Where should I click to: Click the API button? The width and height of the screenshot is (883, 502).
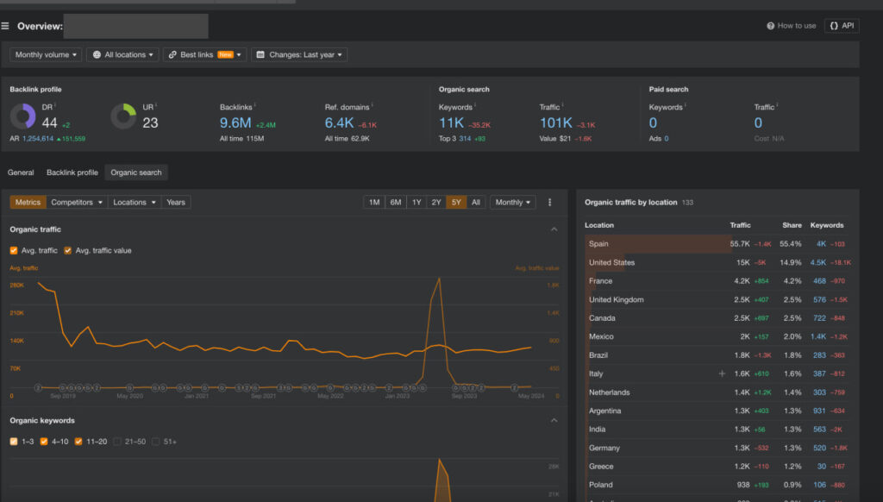pyautogui.click(x=842, y=26)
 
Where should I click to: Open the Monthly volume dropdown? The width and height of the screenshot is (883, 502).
pyautogui.click(x=47, y=54)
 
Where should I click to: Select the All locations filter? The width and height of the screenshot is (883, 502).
pyautogui.click(x=124, y=54)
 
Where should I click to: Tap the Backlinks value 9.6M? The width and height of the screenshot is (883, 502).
pyautogui.click(x=235, y=122)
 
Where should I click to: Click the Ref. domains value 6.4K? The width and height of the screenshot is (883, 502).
pyautogui.click(x=339, y=122)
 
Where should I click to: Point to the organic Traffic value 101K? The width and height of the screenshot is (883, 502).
pyautogui.click(x=556, y=122)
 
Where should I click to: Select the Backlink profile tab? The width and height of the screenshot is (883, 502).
pyautogui.click(x=72, y=173)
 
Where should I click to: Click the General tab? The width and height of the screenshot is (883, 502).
pyautogui.click(x=21, y=173)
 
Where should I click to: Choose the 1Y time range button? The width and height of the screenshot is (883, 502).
pyautogui.click(x=416, y=202)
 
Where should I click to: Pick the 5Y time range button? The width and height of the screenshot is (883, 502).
pyautogui.click(x=456, y=202)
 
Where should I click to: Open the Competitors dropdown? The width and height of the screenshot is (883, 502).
pyautogui.click(x=77, y=202)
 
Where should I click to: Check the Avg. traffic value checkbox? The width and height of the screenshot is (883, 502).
pyautogui.click(x=68, y=250)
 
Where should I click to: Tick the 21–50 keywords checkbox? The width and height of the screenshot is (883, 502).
pyautogui.click(x=120, y=442)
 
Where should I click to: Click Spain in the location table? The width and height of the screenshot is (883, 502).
pyautogui.click(x=598, y=244)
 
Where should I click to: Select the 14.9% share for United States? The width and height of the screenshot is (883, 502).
pyautogui.click(x=791, y=262)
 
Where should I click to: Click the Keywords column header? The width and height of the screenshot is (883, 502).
pyautogui.click(x=827, y=225)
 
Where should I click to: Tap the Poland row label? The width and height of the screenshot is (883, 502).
pyautogui.click(x=601, y=485)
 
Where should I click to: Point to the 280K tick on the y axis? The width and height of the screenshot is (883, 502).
pyautogui.click(x=16, y=285)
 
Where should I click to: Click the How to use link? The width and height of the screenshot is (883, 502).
pyautogui.click(x=792, y=26)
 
